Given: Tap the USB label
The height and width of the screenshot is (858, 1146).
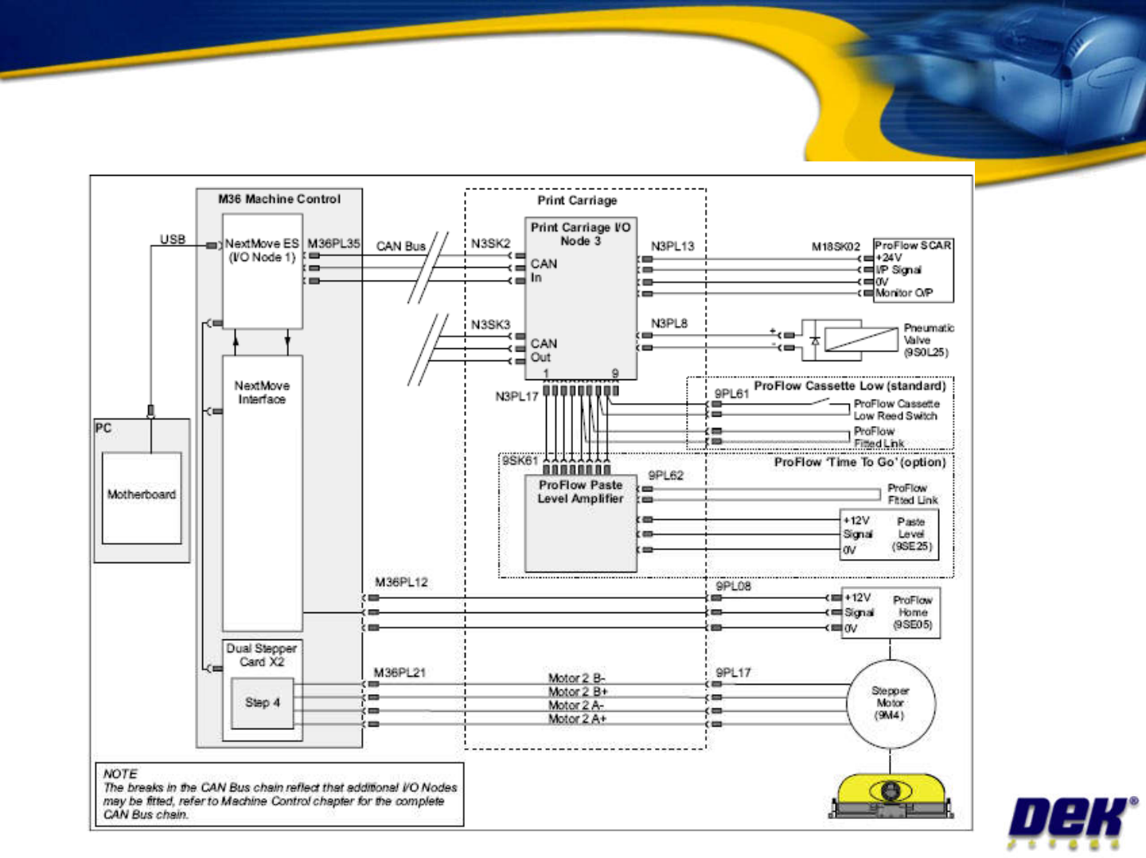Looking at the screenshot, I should [x=173, y=239].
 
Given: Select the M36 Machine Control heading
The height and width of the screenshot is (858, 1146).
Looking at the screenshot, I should [x=279, y=199].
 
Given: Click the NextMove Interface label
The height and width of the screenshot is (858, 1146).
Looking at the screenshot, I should [x=262, y=392].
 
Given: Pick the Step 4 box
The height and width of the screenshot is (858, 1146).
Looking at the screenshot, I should [x=263, y=703].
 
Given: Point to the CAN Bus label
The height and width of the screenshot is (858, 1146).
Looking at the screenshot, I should [x=401, y=247].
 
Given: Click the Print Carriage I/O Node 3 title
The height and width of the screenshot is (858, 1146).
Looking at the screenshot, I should [x=580, y=234].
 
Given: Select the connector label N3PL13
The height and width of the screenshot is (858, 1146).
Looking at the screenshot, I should [x=672, y=247].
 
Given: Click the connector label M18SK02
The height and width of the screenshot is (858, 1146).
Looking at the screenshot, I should [x=836, y=247].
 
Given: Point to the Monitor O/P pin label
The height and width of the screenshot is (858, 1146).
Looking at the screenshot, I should [x=904, y=293].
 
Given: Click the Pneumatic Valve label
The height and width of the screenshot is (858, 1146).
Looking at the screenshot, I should [x=927, y=340].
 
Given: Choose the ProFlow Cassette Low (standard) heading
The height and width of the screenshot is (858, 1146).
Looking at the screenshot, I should [x=850, y=386].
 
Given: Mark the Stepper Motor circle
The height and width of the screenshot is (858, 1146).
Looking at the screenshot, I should [x=891, y=704].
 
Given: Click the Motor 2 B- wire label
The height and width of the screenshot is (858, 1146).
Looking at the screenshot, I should [x=576, y=678].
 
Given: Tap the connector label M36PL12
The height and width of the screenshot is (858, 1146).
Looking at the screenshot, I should [x=401, y=582].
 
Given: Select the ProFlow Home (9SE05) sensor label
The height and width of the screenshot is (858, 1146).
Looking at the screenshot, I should [x=912, y=613].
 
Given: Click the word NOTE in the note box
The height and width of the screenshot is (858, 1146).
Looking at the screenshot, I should [x=120, y=774].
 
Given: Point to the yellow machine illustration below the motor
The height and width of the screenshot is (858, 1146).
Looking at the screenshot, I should [x=891, y=796].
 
